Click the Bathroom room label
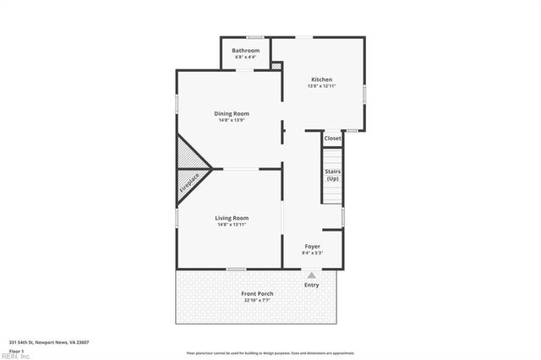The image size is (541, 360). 246,51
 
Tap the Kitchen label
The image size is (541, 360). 321,79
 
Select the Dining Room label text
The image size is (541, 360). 231,113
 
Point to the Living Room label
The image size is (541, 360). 231,218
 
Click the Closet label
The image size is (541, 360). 332,138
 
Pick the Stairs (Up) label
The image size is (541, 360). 332,175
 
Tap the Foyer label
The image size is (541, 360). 312,246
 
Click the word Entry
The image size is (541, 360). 312,285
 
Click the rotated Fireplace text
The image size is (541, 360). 190,183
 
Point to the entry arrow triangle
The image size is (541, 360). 312,275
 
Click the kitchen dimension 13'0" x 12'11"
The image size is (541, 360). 321,86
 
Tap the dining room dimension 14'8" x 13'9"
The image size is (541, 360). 231,120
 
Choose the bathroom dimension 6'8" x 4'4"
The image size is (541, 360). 246,57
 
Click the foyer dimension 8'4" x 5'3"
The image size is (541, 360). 312,253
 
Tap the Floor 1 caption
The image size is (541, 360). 16,350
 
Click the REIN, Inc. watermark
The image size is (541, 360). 15,356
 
